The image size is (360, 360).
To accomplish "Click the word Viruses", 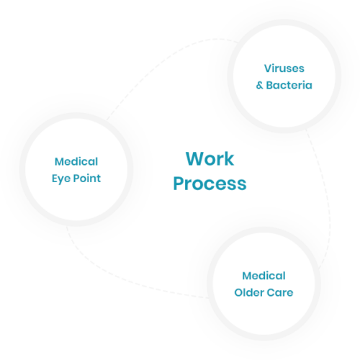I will pyautogui.click(x=284, y=70).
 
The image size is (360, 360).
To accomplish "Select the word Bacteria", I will pyautogui.click(x=290, y=86).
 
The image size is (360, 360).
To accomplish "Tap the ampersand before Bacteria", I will pyautogui.click(x=261, y=86).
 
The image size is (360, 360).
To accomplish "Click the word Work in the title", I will pyautogui.click(x=210, y=159).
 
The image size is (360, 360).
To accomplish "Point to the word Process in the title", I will pyautogui.click(x=210, y=183).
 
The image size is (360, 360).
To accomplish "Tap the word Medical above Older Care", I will pyautogui.click(x=264, y=276).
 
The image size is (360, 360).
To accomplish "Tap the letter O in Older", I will pyautogui.click(x=239, y=292).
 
